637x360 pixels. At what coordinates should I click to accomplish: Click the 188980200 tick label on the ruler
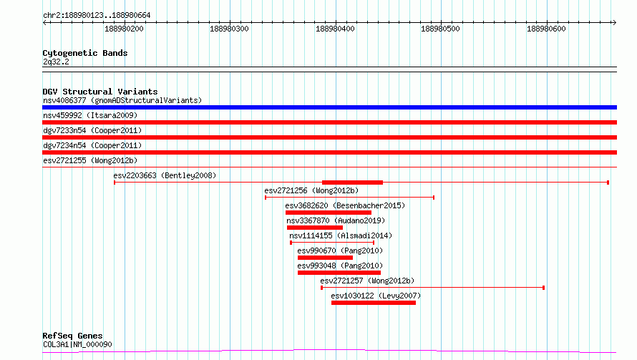(124, 29)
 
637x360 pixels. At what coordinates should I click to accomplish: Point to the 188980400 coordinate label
(335, 29)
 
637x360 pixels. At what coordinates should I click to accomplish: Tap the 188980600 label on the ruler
(546, 29)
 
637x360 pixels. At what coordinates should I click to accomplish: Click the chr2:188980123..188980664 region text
(97, 16)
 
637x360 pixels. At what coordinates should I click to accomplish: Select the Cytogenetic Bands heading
(85, 53)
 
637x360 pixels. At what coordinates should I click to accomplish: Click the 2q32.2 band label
(56, 62)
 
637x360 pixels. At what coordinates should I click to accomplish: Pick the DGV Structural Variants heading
(100, 92)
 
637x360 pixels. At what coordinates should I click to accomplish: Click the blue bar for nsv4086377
(329, 107)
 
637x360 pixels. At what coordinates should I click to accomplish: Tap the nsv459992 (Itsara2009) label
(90, 115)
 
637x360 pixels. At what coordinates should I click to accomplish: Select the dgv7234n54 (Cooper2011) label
(92, 145)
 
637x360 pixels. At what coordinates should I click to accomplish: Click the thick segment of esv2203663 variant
(352, 183)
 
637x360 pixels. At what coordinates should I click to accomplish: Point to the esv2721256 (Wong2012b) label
(311, 190)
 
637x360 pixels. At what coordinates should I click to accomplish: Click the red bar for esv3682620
(329, 213)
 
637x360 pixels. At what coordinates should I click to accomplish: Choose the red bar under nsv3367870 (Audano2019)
(315, 228)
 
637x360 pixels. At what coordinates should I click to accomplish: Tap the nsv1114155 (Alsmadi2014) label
(341, 235)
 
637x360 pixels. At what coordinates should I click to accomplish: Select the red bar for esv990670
(325, 258)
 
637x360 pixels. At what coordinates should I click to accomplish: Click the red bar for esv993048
(339, 273)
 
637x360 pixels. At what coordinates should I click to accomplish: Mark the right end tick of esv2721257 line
(543, 288)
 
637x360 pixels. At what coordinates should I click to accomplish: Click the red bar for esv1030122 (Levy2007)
(374, 303)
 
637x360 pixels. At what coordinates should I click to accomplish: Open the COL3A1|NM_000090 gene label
(77, 344)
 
